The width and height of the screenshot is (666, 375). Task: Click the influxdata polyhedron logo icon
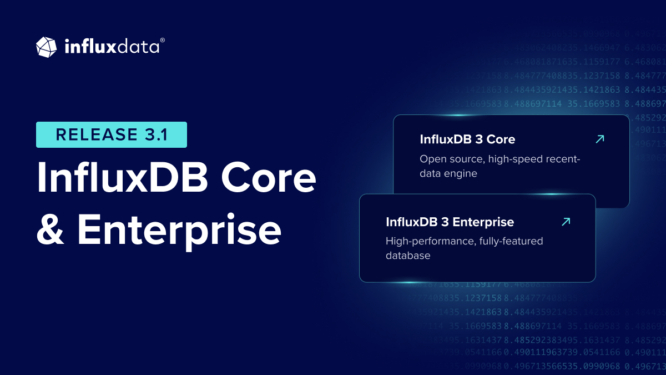[x=46, y=47]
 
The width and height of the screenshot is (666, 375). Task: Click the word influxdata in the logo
[x=111, y=47]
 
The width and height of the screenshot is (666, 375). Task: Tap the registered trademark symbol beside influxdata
[x=162, y=41]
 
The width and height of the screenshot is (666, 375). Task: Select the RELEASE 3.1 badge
[x=112, y=135]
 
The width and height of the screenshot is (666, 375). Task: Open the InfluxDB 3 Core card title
[x=467, y=139]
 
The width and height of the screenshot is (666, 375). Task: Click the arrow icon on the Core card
[x=599, y=139]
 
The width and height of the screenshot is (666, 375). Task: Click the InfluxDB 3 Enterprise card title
[x=450, y=222]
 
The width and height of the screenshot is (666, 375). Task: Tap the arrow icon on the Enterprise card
[x=566, y=222]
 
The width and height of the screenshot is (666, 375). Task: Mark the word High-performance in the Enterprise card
[x=427, y=241]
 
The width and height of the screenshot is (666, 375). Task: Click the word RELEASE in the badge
[x=91, y=135]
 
